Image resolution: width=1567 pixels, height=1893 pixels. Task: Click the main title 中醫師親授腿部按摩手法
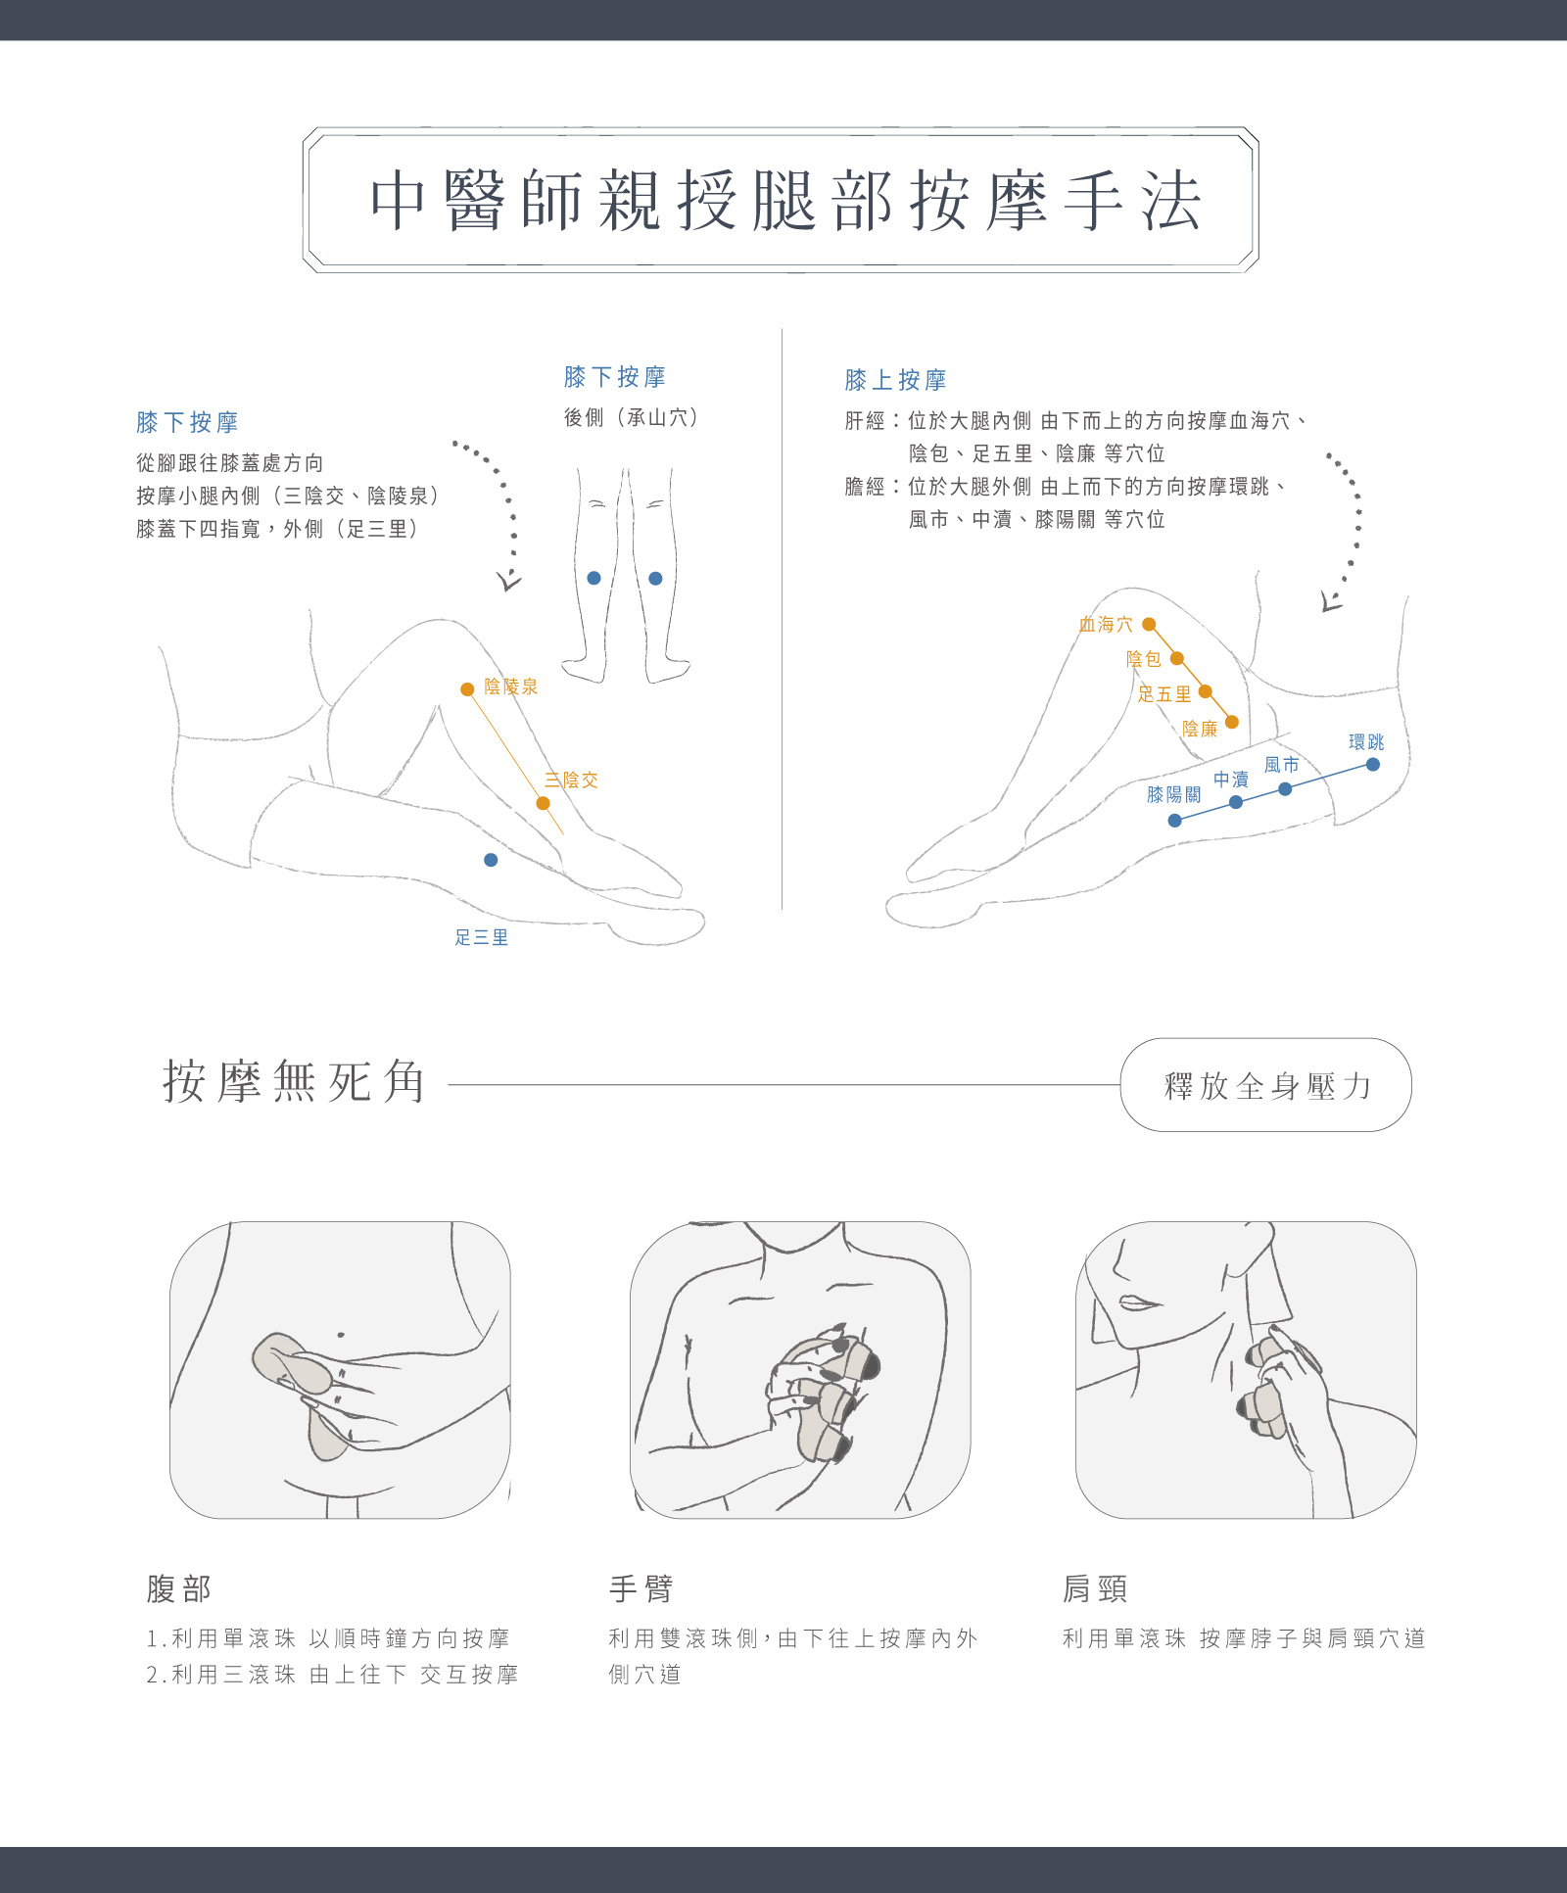click(784, 201)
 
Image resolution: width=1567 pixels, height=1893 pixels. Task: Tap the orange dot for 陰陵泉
click(467, 689)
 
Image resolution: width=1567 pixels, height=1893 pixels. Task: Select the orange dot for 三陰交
click(543, 803)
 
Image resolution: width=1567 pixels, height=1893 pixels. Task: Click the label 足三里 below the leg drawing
click(481, 937)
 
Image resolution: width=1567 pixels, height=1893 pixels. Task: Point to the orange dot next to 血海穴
click(1149, 624)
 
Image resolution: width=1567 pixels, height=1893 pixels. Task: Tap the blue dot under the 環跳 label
click(1373, 764)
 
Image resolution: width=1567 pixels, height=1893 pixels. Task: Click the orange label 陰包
click(1143, 659)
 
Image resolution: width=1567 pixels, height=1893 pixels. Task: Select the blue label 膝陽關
click(1173, 794)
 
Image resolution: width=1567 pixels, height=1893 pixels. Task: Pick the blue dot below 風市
click(1285, 788)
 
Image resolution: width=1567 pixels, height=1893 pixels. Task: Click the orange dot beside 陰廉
click(1232, 722)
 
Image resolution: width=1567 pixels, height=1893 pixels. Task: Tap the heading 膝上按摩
click(895, 380)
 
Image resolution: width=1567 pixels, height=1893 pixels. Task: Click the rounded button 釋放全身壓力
click(1265, 1085)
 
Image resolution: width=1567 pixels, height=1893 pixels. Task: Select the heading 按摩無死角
click(294, 1082)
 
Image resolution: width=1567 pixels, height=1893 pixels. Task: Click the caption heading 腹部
click(179, 1588)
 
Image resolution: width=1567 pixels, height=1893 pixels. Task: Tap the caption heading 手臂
click(641, 1588)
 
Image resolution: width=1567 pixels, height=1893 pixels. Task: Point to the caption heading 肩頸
click(1095, 1588)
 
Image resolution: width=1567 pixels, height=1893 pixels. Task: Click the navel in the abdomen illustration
click(340, 1334)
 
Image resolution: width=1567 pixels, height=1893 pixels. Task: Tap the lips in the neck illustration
click(1138, 1303)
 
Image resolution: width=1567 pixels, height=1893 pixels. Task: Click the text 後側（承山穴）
click(631, 418)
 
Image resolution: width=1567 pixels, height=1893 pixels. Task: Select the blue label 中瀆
click(1230, 780)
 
